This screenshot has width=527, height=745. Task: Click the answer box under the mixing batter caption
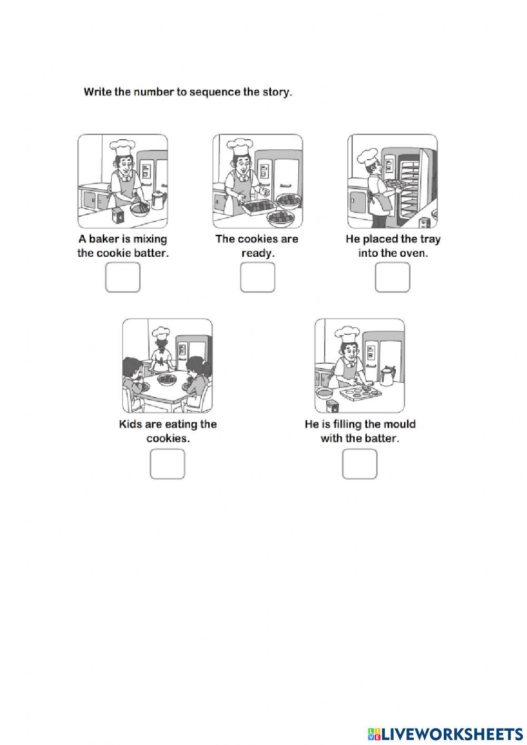point(123,277)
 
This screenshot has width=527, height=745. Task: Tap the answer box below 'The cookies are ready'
point(258,277)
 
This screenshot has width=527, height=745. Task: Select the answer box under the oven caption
point(393,277)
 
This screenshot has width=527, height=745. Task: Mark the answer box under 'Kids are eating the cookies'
point(168,464)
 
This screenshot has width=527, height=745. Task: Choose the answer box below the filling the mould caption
point(360,464)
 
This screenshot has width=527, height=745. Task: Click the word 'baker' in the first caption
point(104,239)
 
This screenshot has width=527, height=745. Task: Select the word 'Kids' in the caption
point(130,424)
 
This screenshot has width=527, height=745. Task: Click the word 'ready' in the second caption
point(258,253)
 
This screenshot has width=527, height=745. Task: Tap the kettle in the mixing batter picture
point(158,199)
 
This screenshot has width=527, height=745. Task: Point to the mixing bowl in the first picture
point(140,208)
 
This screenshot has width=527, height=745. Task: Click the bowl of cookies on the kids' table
point(167,379)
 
